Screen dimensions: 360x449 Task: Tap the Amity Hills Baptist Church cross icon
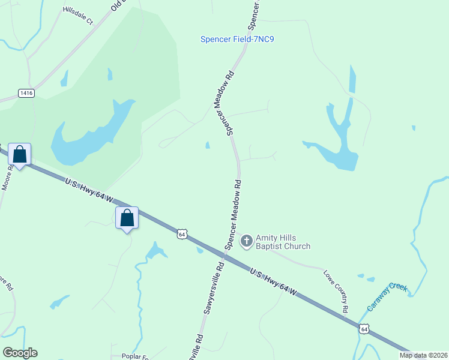click(246, 242)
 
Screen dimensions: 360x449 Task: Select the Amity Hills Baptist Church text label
click(283, 242)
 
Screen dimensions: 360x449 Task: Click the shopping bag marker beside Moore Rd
click(20, 155)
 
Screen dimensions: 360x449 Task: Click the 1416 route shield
click(26, 93)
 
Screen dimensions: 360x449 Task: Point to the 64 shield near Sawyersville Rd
click(182, 233)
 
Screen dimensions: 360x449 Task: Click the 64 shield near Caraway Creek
click(364, 328)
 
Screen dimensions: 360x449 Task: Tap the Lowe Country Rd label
click(337, 291)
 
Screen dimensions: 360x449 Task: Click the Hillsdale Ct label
click(79, 16)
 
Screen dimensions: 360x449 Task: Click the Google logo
click(20, 353)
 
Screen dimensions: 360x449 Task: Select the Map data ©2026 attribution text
click(423, 355)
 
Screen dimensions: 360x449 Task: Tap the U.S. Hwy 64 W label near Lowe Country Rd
click(273, 281)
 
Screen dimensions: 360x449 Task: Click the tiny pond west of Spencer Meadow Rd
click(208, 145)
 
